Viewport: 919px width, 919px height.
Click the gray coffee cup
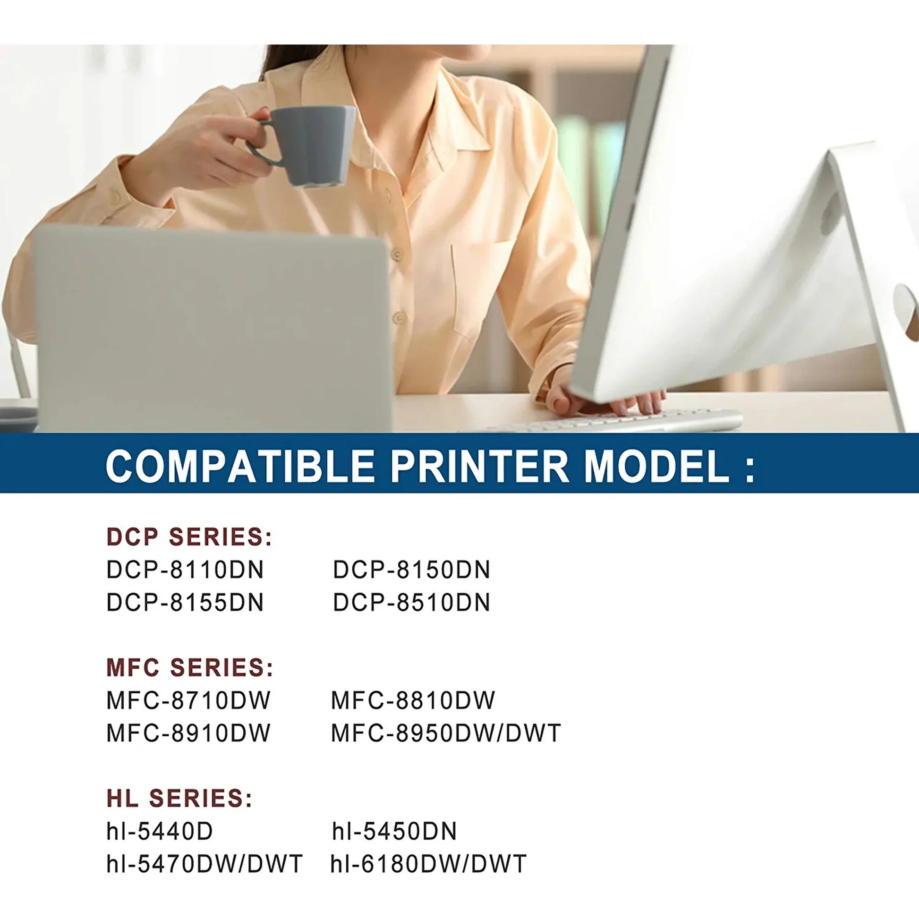click(x=305, y=145)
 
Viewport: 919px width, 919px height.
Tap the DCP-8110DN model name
click(x=185, y=570)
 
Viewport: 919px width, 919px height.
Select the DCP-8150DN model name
click(x=411, y=570)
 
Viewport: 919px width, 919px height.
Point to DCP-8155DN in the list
click(x=185, y=603)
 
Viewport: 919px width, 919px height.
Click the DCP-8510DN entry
click(x=411, y=603)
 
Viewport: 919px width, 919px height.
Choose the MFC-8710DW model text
click(x=188, y=701)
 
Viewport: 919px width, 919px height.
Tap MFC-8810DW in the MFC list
click(x=413, y=701)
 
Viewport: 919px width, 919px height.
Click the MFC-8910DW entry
click(x=188, y=733)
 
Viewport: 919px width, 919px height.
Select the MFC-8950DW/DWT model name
click(x=446, y=733)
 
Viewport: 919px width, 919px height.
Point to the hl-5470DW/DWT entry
click(x=204, y=864)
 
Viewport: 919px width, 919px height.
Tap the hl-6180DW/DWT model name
click(x=429, y=864)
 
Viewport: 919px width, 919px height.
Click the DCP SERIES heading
click(x=189, y=537)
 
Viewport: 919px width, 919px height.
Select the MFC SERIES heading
click(x=190, y=668)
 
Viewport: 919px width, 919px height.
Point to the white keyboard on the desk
click(x=613, y=421)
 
